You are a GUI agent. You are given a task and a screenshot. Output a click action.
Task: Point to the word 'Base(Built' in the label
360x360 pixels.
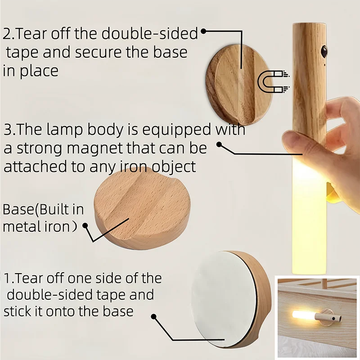pos(43,210)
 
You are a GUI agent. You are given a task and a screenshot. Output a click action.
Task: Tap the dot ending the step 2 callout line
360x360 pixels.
pos(203,31)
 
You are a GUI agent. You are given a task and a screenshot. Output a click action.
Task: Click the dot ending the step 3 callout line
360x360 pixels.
pos(220,144)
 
